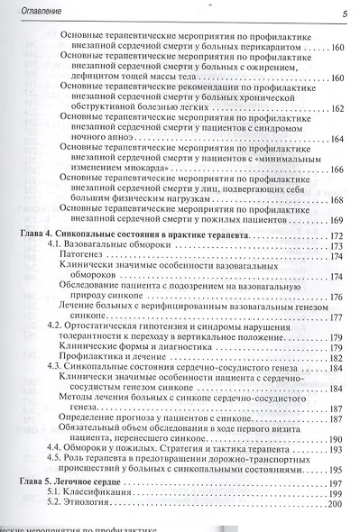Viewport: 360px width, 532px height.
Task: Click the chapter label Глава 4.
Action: [x=36, y=234]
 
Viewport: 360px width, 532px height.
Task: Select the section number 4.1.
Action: [x=54, y=245]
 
